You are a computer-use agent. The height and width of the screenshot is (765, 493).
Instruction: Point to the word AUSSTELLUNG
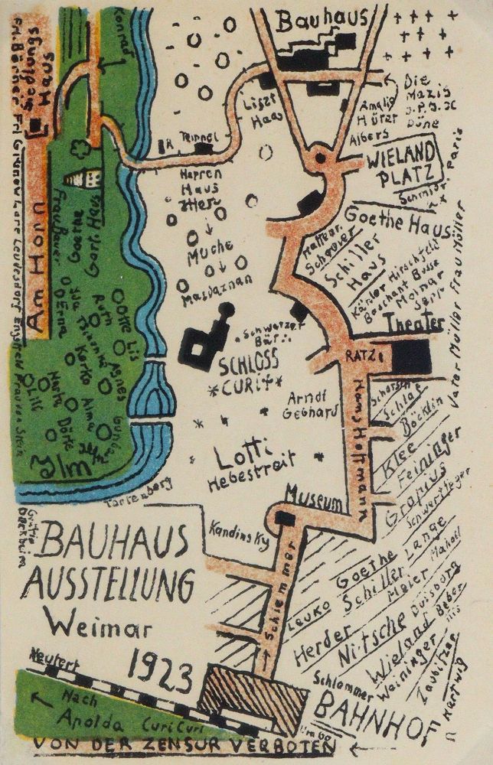[x=107, y=585]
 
